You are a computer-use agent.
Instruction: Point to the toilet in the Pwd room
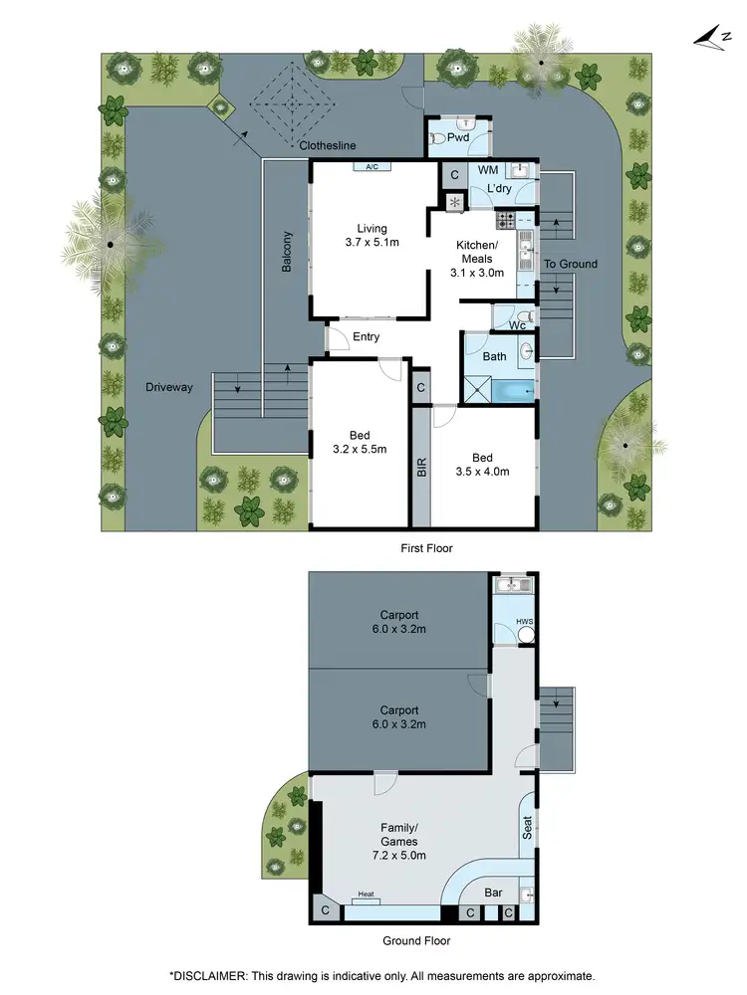[437, 140]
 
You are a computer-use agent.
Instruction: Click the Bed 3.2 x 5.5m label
[361, 442]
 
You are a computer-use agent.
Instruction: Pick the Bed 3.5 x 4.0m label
[482, 465]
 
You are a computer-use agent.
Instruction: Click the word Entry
[367, 337]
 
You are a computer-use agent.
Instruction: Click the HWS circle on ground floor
[525, 623]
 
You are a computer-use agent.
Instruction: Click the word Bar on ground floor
[494, 894]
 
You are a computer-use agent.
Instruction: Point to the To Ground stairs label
[570, 264]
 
